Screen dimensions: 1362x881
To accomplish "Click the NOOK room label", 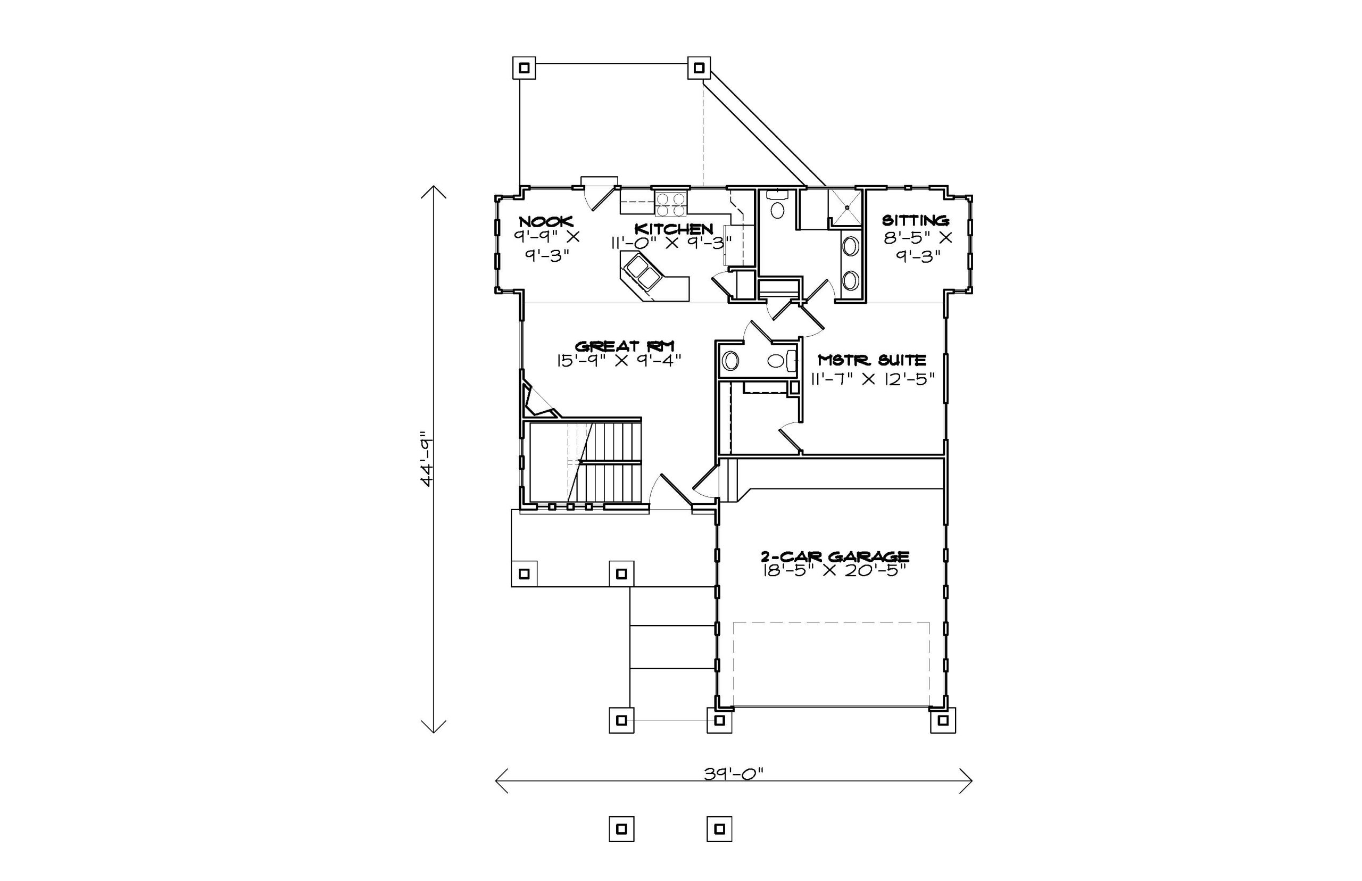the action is [x=546, y=221].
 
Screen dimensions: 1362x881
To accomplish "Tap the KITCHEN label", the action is [x=674, y=229].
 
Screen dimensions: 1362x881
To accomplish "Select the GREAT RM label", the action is [x=625, y=346].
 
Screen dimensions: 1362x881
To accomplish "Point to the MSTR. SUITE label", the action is [x=872, y=360].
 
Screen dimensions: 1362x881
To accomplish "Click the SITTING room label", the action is [x=915, y=220].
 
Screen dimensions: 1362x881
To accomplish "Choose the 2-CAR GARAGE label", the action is [x=835, y=556].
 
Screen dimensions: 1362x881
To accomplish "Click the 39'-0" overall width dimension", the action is [x=734, y=774].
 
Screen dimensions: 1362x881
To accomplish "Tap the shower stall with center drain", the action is [x=845, y=207].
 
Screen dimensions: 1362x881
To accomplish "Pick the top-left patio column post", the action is [x=524, y=68].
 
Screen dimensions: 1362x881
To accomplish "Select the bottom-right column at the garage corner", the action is [x=943, y=720].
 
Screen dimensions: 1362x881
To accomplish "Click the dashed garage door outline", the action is [x=831, y=664].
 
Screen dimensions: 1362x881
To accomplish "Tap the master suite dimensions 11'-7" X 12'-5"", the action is [x=873, y=378].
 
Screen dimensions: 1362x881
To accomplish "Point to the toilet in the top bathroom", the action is [x=777, y=204].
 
